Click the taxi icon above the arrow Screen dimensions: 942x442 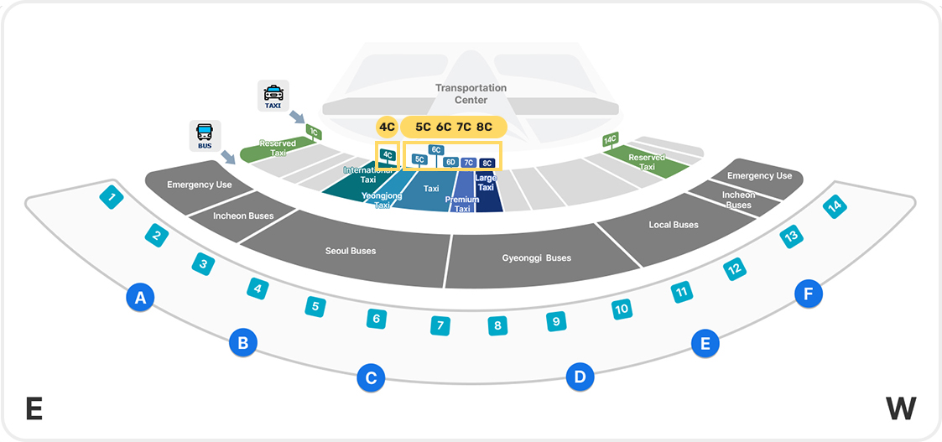click(273, 95)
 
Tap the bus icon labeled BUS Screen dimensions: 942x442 click(205, 135)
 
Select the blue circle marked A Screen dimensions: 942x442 click(141, 297)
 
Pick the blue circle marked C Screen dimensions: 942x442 click(371, 377)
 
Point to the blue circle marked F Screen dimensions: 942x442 click(809, 294)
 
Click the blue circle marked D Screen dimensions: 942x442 click(580, 377)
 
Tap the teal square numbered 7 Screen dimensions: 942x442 click(440, 325)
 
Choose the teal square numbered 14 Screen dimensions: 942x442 click(834, 207)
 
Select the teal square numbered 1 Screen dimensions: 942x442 click(112, 196)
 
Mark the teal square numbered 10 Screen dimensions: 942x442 click(622, 309)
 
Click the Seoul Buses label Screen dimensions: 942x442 click(351, 251)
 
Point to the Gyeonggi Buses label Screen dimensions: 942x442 click(537, 258)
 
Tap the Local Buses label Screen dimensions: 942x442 click(674, 225)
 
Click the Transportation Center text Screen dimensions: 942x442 click(471, 94)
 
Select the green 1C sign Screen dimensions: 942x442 click(314, 131)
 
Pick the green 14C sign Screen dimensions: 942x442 click(611, 140)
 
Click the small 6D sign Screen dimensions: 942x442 click(450, 162)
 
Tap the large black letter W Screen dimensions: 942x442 click(901, 409)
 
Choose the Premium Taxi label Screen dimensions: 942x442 click(462, 204)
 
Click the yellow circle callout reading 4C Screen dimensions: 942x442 click(388, 127)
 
